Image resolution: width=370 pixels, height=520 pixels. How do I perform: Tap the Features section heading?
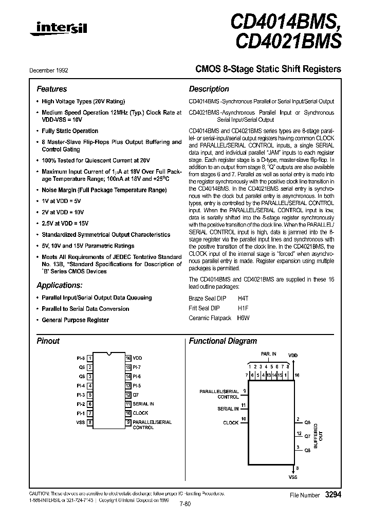point(51,89)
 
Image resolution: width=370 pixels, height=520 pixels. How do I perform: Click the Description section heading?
point(209,89)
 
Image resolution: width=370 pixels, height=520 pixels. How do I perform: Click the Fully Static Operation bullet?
point(70,131)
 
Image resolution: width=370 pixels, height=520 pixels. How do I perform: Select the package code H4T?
point(242,298)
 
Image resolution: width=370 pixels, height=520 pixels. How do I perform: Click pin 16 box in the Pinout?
point(128,358)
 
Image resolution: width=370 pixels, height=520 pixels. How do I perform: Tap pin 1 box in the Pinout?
point(90,358)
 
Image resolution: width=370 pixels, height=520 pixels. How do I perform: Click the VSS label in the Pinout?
point(80,422)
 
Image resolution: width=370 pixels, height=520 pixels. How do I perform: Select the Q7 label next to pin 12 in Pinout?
point(136,395)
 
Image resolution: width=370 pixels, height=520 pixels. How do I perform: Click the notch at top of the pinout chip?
point(109,355)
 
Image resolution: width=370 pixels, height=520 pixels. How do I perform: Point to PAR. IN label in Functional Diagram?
point(268,354)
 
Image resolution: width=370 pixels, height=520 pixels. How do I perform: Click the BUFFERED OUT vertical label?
point(319,437)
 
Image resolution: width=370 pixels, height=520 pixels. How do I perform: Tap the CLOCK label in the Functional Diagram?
point(231,423)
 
